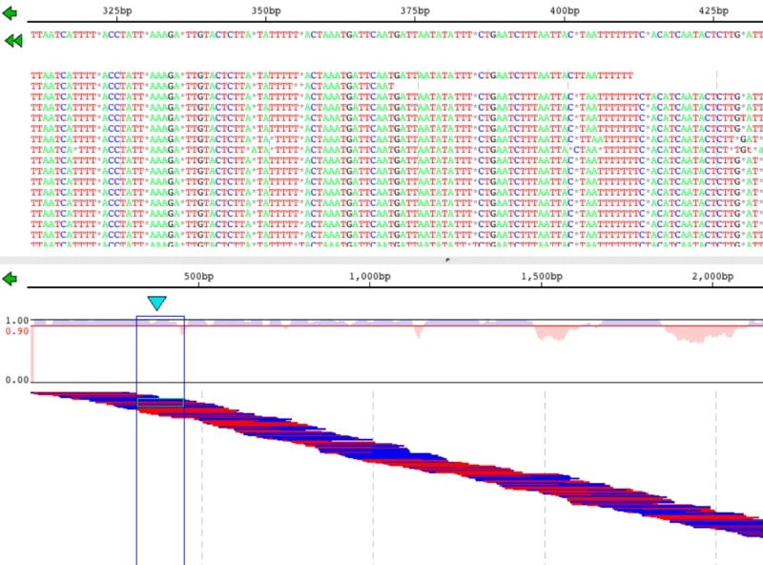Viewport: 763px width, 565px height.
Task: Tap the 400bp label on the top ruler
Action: coord(565,10)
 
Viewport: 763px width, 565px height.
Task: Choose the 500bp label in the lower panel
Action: coord(199,277)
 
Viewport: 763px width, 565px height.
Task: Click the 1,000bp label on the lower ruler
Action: coord(371,277)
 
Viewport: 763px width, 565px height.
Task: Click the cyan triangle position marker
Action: coord(156,303)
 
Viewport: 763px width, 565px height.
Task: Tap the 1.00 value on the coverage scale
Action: coord(15,321)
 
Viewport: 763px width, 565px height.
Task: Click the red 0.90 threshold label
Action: coord(15,331)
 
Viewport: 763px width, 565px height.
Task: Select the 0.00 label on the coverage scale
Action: coord(15,380)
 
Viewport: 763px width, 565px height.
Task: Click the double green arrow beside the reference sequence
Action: coord(13,41)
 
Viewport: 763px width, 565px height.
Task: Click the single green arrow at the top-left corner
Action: coord(10,13)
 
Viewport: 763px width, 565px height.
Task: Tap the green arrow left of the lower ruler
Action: coord(10,279)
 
